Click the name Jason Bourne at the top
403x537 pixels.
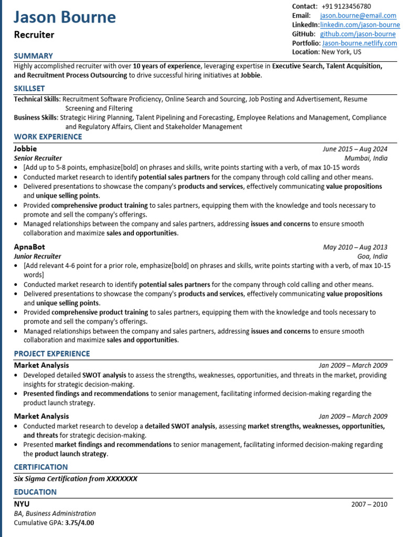(65, 17)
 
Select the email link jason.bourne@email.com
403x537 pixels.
(358, 16)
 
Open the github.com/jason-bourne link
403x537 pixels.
(357, 34)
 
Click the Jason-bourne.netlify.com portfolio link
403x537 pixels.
(359, 43)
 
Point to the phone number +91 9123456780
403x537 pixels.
(346, 6)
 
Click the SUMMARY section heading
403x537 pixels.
(33, 56)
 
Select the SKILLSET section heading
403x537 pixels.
(29, 88)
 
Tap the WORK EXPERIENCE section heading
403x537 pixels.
(48, 137)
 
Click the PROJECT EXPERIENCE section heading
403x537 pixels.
(52, 353)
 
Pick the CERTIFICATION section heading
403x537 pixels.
(40, 467)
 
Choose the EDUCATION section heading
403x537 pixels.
(35, 492)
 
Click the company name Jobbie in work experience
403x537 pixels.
(25, 148)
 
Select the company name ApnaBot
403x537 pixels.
(29, 246)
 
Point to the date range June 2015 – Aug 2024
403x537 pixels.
(355, 149)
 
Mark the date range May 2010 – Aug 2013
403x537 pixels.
(355, 247)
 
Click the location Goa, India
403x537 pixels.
(372, 256)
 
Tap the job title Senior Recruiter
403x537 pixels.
(38, 158)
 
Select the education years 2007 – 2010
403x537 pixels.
(369, 504)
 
